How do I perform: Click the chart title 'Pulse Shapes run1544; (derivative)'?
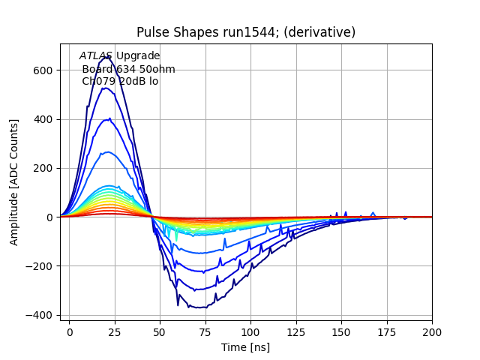coord(246,32)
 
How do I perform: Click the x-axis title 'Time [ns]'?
coord(246,347)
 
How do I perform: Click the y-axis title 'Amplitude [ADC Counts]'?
coord(14,182)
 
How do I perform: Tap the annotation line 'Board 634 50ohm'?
coord(128,69)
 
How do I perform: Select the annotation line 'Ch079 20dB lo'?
coord(120,81)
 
